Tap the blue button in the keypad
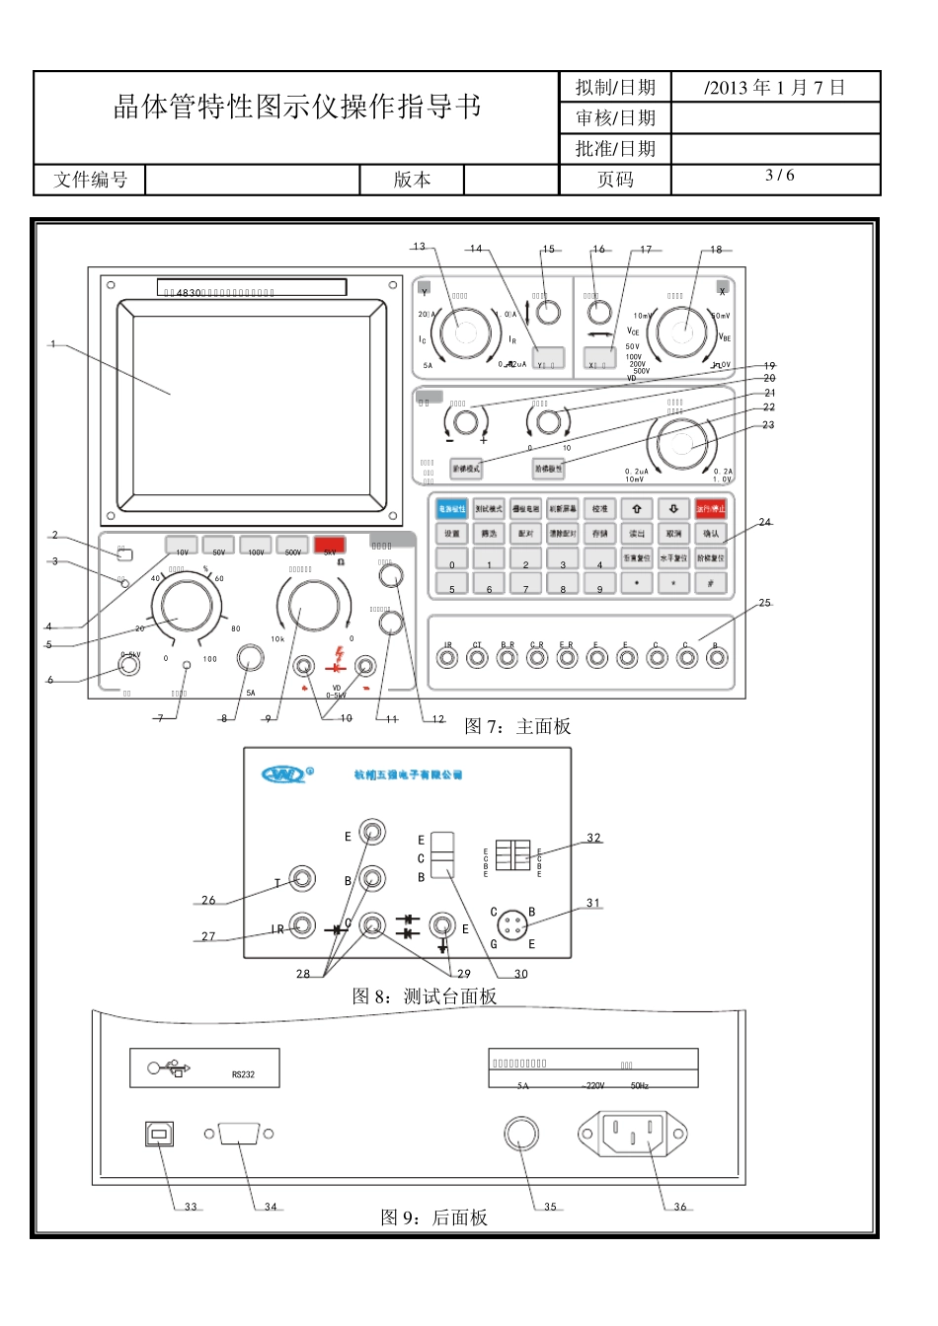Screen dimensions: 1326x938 click(451, 508)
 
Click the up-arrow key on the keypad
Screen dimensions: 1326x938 click(637, 508)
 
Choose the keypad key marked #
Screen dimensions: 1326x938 click(711, 582)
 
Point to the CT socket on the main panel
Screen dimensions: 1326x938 click(478, 658)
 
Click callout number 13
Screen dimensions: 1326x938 click(419, 247)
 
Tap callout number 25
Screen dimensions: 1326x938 click(765, 602)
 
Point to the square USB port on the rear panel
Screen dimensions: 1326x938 click(157, 1135)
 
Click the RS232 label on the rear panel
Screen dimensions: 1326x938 click(243, 1074)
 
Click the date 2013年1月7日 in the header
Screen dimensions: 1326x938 click(776, 87)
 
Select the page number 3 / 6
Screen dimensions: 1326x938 click(779, 176)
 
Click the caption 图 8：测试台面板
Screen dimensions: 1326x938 click(425, 996)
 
